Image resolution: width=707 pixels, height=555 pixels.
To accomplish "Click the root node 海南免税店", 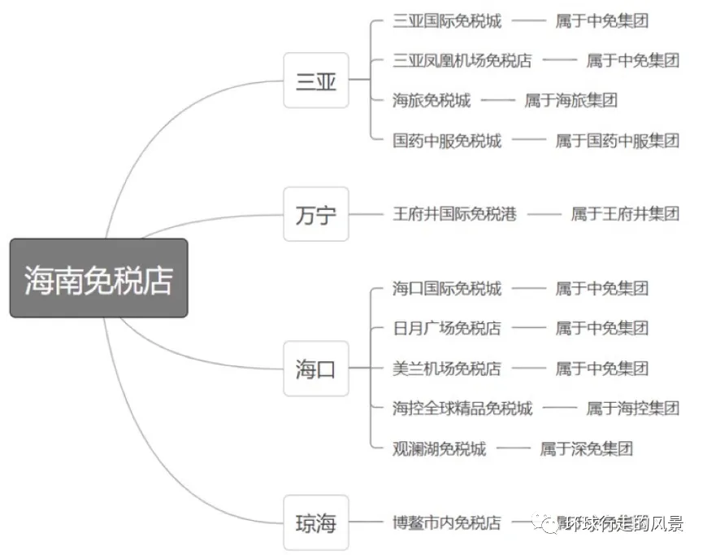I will click(98, 278).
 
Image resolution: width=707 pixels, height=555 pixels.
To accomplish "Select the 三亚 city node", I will click(315, 81).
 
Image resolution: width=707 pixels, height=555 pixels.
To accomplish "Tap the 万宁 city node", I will click(315, 214).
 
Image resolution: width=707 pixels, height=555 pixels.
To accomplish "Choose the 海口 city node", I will click(315, 369).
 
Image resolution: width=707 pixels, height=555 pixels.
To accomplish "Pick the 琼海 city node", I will click(315, 522).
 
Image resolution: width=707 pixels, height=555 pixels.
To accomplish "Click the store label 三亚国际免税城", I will click(446, 20).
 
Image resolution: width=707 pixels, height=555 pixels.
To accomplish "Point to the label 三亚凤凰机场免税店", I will click(462, 60).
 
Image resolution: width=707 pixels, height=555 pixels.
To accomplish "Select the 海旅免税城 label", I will click(431, 100).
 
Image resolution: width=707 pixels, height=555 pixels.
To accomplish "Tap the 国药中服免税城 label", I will click(446, 140).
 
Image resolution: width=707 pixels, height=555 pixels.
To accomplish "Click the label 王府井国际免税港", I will click(454, 214).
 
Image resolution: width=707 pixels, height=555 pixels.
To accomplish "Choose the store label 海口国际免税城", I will click(446, 288).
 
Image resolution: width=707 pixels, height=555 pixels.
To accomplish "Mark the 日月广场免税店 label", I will click(446, 328).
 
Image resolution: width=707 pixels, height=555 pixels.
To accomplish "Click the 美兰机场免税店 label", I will click(446, 368).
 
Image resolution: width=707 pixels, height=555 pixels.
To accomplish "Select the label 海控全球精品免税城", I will click(462, 408).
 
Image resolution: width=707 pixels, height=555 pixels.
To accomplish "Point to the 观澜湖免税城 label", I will click(439, 448).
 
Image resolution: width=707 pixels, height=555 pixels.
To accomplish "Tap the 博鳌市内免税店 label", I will click(446, 522).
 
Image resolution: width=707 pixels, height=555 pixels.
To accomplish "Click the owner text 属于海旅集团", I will click(570, 100).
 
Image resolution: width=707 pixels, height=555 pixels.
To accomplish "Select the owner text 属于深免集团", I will click(586, 448).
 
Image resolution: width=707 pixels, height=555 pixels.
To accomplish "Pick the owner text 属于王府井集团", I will click(624, 214).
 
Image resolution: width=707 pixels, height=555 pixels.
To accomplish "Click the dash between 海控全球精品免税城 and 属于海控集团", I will click(559, 408).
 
